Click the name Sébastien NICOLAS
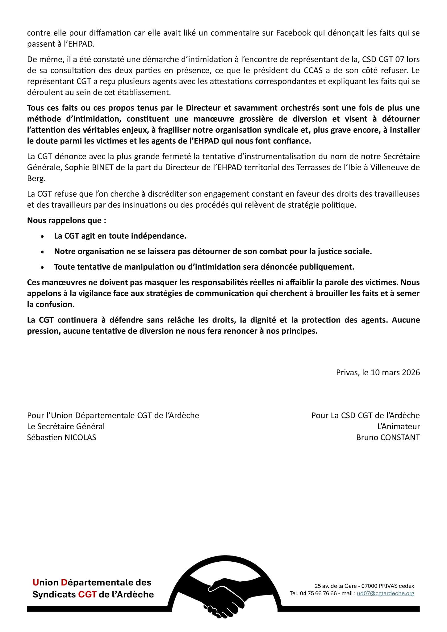pos(62,437)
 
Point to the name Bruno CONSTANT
pos(388,437)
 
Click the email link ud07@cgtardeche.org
pos(385,593)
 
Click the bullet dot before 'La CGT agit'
pos(42,236)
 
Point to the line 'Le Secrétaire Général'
pos(66,426)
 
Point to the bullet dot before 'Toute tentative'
pos(42,267)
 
